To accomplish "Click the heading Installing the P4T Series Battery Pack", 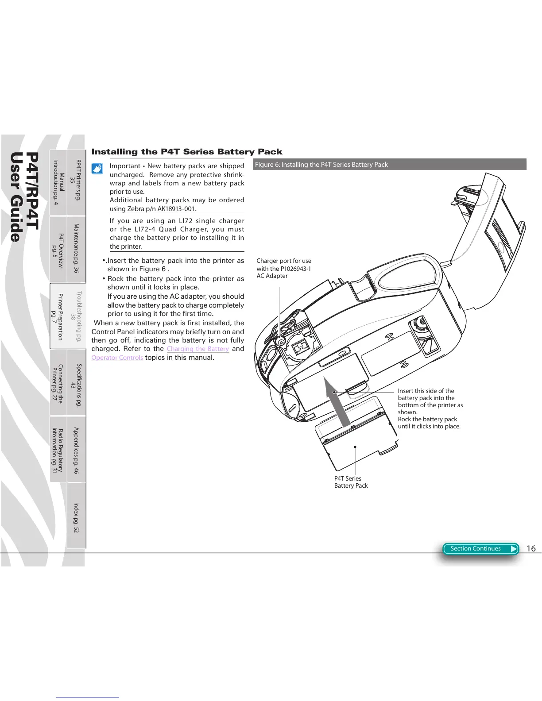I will (x=186, y=152).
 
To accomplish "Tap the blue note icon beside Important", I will (x=97, y=169).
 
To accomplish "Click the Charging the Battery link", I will (x=197, y=349).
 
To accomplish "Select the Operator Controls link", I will (x=117, y=358).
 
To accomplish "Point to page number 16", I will (x=531, y=549).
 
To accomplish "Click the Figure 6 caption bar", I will (x=390, y=165).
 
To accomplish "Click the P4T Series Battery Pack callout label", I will (x=351, y=482).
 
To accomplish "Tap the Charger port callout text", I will (x=283, y=268).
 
